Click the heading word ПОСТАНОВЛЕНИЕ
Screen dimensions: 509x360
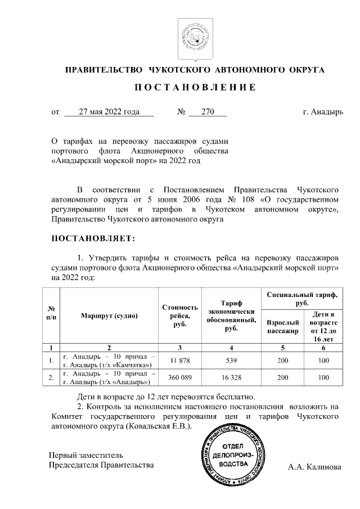pyautogui.click(x=195, y=88)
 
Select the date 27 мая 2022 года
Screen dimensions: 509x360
pyautogui.click(x=109, y=112)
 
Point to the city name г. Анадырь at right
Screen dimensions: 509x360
pyautogui.click(x=322, y=112)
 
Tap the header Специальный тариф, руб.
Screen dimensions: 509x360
pyautogui.click(x=302, y=298)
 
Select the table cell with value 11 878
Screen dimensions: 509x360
pyautogui.click(x=180, y=360)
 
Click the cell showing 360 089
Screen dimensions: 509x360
pyautogui.click(x=180, y=378)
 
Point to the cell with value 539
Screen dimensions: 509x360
pyautogui.click(x=231, y=360)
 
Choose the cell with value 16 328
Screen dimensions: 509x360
pyautogui.click(x=231, y=378)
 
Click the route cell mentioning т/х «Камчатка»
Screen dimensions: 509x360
pyautogui.click(x=109, y=360)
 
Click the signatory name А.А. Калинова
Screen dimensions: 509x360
pyautogui.click(x=314, y=466)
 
